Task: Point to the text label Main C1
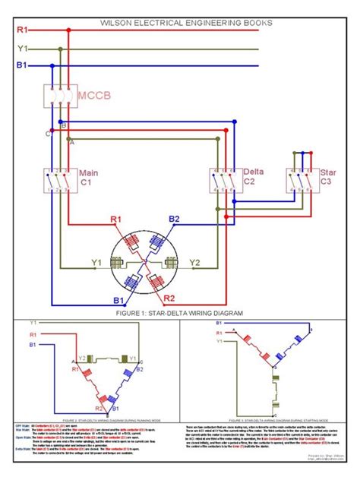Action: point(92,178)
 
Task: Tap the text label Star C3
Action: point(327,178)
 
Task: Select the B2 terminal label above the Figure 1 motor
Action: point(174,219)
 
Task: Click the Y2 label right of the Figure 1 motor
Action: point(195,264)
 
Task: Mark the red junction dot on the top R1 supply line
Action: point(69,31)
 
